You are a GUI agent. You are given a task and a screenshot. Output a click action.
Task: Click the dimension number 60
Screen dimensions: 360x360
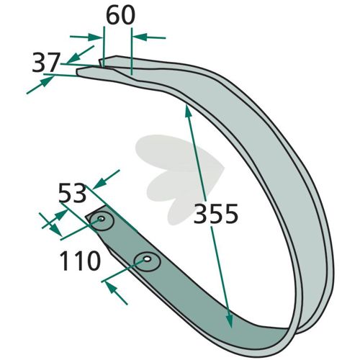click(x=120, y=15)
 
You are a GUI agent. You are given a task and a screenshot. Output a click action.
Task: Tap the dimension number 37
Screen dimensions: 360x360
click(x=45, y=63)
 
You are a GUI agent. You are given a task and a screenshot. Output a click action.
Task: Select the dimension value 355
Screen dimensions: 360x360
click(x=216, y=214)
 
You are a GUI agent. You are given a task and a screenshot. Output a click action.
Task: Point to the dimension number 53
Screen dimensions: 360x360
click(x=72, y=193)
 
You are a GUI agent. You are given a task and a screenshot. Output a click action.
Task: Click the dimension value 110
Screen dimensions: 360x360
click(x=80, y=261)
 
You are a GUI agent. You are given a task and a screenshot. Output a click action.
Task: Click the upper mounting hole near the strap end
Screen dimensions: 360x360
click(x=102, y=219)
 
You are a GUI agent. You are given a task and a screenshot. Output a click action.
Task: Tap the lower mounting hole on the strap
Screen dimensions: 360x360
click(x=147, y=259)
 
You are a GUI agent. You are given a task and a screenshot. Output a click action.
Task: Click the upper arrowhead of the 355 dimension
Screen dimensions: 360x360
click(x=188, y=112)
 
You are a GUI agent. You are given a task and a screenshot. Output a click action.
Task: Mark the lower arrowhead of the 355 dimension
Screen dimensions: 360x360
click(x=229, y=321)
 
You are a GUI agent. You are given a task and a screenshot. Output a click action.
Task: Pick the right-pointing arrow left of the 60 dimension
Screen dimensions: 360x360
click(x=86, y=37)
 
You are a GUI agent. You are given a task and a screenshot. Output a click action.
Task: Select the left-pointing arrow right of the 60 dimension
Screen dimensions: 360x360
click(x=149, y=37)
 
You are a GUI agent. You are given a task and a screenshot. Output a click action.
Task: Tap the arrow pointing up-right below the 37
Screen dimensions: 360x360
click(x=40, y=85)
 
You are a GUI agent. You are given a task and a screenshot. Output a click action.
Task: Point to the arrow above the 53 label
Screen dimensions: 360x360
click(x=106, y=179)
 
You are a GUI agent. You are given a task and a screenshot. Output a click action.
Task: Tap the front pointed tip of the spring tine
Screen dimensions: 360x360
click(x=77, y=71)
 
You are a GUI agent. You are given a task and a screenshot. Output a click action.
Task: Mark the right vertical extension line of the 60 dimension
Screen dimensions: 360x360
click(x=132, y=51)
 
